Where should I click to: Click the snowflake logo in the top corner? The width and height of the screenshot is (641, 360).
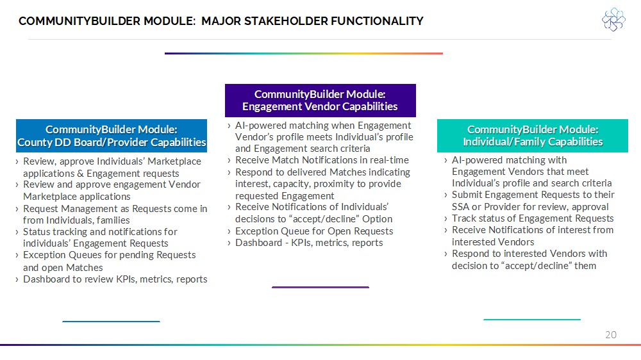(x=613, y=19)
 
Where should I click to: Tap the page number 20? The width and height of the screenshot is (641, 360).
(x=611, y=334)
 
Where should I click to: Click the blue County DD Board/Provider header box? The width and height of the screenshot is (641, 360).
(x=111, y=136)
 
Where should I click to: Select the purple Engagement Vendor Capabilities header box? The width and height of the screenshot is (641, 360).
(x=320, y=101)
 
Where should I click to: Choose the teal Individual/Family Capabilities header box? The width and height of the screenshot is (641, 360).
(x=532, y=136)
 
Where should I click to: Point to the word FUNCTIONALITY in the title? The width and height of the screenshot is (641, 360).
(x=378, y=21)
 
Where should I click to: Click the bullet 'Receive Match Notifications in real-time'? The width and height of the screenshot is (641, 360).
(x=322, y=160)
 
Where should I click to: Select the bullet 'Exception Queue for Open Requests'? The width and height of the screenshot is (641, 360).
(x=314, y=231)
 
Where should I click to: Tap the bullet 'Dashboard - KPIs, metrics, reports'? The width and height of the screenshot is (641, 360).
(x=309, y=243)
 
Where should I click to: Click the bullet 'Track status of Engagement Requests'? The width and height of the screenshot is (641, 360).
(x=533, y=218)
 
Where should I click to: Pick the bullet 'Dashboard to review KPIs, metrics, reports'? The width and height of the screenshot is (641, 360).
(x=115, y=279)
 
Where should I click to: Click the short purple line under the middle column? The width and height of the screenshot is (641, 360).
(x=320, y=287)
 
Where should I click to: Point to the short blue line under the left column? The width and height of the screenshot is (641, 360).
(x=111, y=322)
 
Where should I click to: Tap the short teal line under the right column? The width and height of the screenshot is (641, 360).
(x=532, y=320)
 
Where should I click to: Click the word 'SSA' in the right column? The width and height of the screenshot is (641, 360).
(x=460, y=207)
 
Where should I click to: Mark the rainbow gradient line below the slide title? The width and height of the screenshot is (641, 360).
(x=304, y=53)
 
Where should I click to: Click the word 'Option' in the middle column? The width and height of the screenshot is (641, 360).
(x=378, y=220)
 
